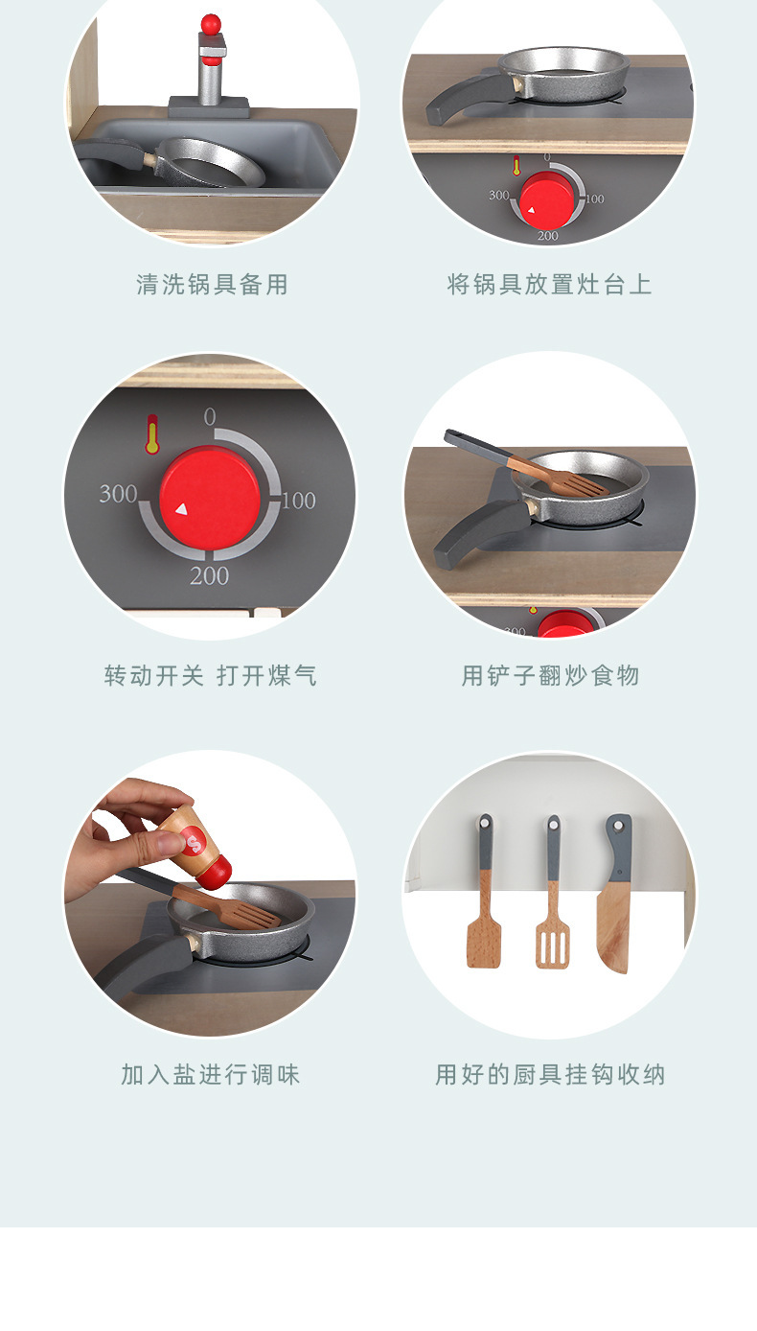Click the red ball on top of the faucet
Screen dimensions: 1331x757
210,23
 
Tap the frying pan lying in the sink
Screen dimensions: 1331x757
211,162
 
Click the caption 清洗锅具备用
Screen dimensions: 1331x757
212,285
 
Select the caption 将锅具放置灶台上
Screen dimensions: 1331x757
549,285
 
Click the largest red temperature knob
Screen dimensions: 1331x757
210,501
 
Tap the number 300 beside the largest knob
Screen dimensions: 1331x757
118,494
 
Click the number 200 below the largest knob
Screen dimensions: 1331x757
209,575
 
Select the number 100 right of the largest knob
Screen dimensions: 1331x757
298,500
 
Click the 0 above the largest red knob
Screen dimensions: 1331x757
210,416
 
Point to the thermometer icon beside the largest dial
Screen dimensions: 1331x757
151,433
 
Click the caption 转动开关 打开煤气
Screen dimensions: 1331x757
210,676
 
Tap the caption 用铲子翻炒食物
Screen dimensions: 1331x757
550,676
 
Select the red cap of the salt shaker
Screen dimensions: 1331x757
218,871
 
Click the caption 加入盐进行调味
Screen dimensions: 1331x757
211,1075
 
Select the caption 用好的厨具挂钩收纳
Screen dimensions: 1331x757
550,1075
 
